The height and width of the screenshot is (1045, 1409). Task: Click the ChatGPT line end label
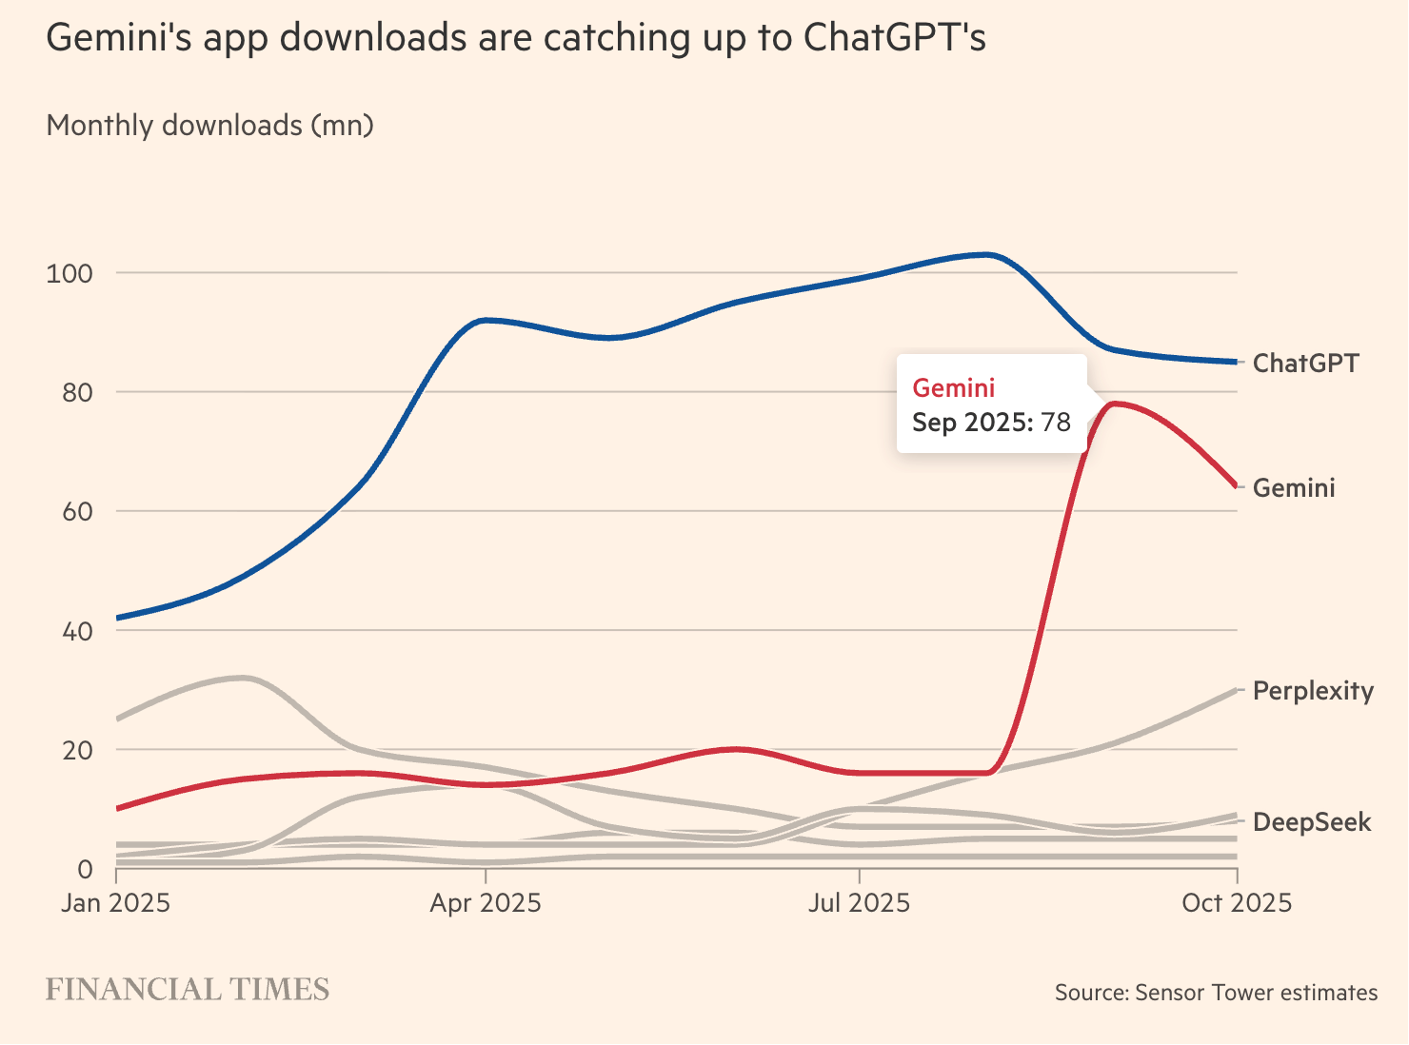click(x=1305, y=363)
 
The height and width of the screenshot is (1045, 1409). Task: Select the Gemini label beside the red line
click(x=1294, y=487)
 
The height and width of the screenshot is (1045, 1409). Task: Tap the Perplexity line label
click(x=1313, y=690)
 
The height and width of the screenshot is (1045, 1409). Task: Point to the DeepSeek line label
click(x=1312, y=821)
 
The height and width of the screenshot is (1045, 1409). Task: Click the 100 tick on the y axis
click(x=69, y=274)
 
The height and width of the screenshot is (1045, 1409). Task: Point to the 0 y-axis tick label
click(x=85, y=868)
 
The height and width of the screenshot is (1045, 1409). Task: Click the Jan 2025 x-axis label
click(x=115, y=902)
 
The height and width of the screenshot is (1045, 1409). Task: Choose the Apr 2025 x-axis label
click(x=486, y=902)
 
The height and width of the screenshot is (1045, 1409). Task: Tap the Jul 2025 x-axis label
click(x=859, y=902)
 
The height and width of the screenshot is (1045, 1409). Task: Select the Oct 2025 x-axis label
click(x=1237, y=902)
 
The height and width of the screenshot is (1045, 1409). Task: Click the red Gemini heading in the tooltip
click(x=954, y=387)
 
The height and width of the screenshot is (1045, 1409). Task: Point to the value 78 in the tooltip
click(x=1056, y=422)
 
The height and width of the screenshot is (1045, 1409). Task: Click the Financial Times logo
click(x=188, y=990)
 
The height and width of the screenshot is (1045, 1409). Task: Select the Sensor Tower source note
click(x=1216, y=993)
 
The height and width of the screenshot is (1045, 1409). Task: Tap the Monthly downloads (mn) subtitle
click(x=209, y=125)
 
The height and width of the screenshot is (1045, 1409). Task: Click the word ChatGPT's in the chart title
click(x=894, y=37)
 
